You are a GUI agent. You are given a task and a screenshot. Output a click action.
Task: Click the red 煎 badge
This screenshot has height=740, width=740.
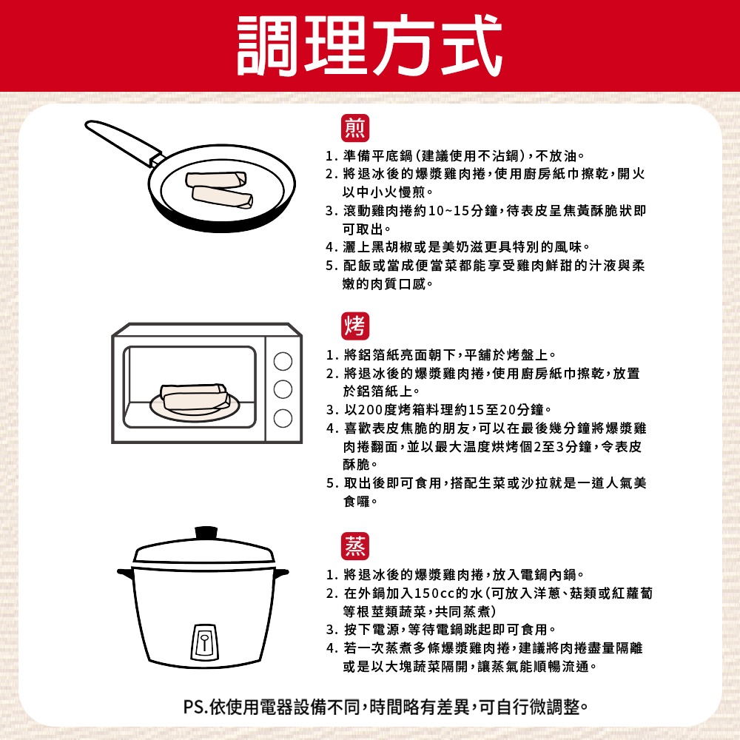click(355, 128)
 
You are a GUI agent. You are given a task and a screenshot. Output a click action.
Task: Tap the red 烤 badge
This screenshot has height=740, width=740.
click(355, 326)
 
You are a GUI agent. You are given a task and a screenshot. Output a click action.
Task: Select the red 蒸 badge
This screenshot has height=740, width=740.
click(355, 546)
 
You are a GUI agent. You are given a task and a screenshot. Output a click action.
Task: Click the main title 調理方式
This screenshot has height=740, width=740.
click(369, 45)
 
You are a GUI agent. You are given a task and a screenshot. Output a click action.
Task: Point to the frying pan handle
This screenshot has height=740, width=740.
click(124, 142)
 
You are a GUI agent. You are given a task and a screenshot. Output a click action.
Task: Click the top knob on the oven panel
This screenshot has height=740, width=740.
click(283, 362)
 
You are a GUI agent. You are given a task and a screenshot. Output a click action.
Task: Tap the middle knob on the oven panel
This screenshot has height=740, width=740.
click(283, 390)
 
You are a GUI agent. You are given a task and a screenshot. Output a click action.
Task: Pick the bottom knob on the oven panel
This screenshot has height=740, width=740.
click(283, 418)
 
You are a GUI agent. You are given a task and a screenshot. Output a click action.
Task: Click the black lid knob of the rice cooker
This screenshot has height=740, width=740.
click(206, 533)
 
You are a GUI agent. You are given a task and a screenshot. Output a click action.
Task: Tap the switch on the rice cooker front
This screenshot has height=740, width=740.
click(204, 642)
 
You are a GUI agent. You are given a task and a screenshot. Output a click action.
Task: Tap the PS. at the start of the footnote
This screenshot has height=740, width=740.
click(196, 707)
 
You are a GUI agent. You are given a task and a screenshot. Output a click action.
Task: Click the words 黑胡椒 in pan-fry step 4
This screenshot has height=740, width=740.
click(392, 247)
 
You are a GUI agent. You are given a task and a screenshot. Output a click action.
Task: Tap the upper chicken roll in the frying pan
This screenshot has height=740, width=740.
click(216, 179)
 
